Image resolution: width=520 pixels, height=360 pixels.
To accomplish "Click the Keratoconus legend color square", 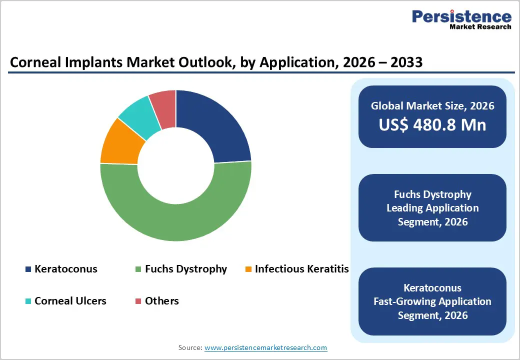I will (28, 269).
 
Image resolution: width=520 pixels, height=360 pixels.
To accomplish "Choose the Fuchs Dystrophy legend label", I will (185, 269).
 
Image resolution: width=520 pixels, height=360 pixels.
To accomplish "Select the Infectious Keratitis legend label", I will (301, 269).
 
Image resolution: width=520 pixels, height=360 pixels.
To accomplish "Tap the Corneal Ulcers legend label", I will (70, 301).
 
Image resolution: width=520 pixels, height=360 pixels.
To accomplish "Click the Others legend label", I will (161, 301).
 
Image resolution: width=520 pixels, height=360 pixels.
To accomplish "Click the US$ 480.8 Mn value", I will (432, 124).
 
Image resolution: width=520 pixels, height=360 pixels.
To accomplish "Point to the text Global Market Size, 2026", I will (432, 105).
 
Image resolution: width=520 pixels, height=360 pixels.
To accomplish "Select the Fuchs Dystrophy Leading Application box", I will (432, 207).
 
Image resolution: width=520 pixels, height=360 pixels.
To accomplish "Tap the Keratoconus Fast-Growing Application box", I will (432, 301).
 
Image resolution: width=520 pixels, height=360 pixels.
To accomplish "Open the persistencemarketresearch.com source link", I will (265, 347).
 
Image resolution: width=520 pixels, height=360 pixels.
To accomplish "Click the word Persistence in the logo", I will (461, 17).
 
